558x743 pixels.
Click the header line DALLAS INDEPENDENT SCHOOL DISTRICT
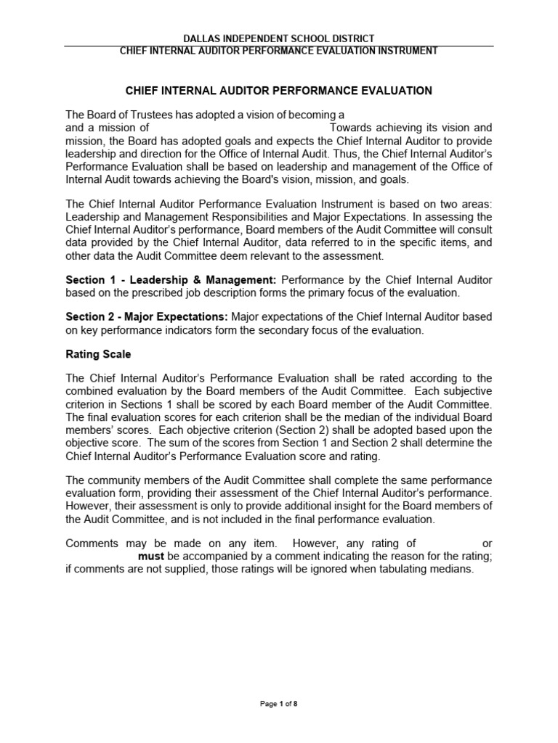point(279,38)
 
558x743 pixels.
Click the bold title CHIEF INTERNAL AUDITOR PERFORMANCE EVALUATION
point(279,91)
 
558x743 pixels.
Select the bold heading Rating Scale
point(99,355)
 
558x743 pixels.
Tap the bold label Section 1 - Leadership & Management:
point(171,279)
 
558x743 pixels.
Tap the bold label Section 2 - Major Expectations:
point(147,317)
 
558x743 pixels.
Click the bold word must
point(151,556)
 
